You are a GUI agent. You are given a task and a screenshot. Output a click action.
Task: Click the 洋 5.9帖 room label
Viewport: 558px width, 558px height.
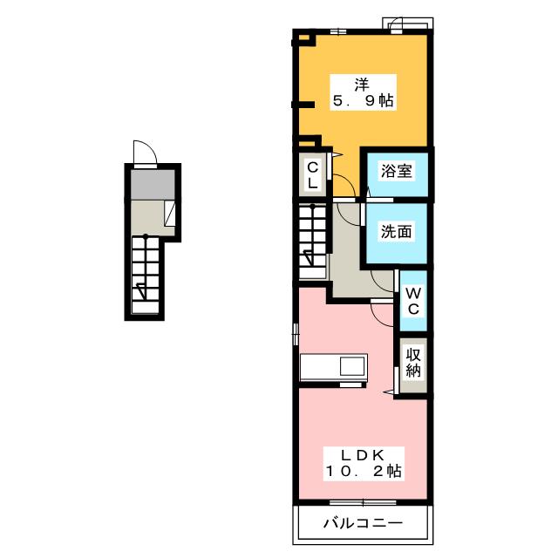[363, 92]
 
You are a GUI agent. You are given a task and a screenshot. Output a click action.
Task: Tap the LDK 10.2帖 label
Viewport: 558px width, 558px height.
[364, 464]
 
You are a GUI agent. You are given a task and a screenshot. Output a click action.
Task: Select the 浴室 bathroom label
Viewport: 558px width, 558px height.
[397, 171]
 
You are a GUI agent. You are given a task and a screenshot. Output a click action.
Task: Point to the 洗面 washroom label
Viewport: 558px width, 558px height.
[396, 232]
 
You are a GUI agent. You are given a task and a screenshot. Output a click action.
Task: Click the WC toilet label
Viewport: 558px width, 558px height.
[413, 302]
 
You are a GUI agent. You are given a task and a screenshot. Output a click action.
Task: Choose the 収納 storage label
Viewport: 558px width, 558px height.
[413, 363]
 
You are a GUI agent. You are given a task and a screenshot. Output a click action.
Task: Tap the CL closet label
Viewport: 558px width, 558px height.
[312, 174]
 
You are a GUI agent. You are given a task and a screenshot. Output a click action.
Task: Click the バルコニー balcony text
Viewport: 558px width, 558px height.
[363, 523]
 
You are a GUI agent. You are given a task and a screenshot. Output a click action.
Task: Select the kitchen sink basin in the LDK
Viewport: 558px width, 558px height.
[352, 366]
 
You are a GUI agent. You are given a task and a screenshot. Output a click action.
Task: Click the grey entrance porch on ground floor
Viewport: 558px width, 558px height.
[153, 184]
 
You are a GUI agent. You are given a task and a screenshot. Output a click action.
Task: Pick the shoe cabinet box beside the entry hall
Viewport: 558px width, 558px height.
[170, 213]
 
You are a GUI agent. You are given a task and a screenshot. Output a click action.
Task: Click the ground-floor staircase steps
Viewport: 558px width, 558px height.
[146, 275]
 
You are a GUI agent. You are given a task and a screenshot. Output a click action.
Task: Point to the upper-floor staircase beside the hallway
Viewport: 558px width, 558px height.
[312, 241]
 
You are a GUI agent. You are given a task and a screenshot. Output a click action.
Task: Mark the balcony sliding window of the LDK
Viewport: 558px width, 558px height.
[363, 502]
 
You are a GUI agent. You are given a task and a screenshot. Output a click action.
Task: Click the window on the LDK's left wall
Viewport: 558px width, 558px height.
[296, 334]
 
